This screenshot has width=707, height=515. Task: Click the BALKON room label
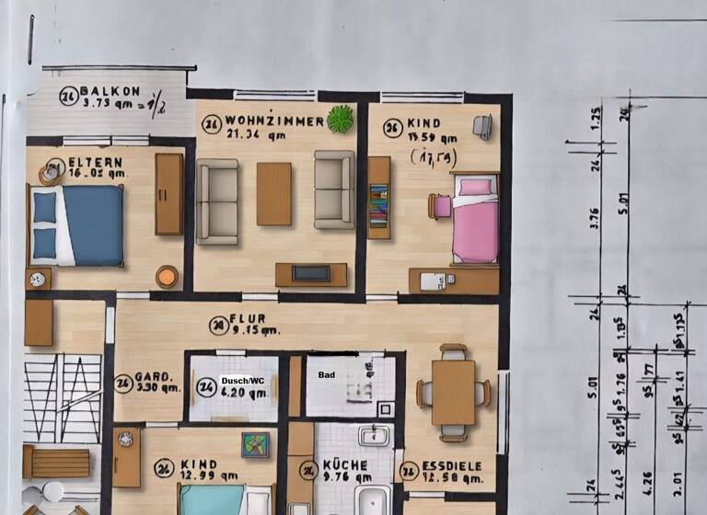tap(110, 91)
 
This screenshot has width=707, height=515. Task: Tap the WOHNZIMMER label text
tap(274, 121)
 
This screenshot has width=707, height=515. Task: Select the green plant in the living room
tap(341, 118)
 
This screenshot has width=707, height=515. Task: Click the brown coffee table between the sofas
tap(273, 193)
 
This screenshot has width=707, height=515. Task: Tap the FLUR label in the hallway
tap(249, 320)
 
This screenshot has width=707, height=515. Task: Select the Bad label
tap(327, 375)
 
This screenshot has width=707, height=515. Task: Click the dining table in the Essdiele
tap(453, 392)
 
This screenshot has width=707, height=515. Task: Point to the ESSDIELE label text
tap(453, 465)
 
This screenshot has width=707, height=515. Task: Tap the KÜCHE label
tap(345, 465)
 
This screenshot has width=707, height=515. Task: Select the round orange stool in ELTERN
tap(167, 276)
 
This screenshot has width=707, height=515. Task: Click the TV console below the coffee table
tap(311, 274)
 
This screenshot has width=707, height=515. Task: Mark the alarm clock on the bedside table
tap(37, 278)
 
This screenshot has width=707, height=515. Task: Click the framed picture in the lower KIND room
tap(255, 445)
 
